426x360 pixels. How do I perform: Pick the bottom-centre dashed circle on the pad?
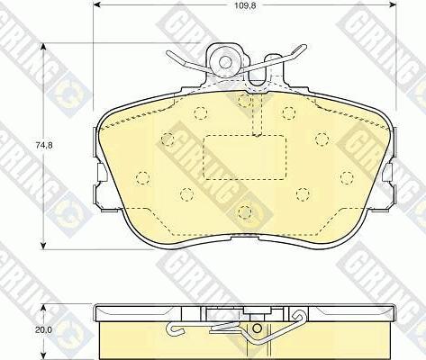coord(244,211)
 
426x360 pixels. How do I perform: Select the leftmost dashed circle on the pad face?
coord(142,175)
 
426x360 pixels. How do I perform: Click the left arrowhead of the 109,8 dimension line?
coord(97,15)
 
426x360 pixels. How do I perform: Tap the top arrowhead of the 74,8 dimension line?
coord(46,44)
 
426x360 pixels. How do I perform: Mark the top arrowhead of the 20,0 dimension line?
coord(46,306)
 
